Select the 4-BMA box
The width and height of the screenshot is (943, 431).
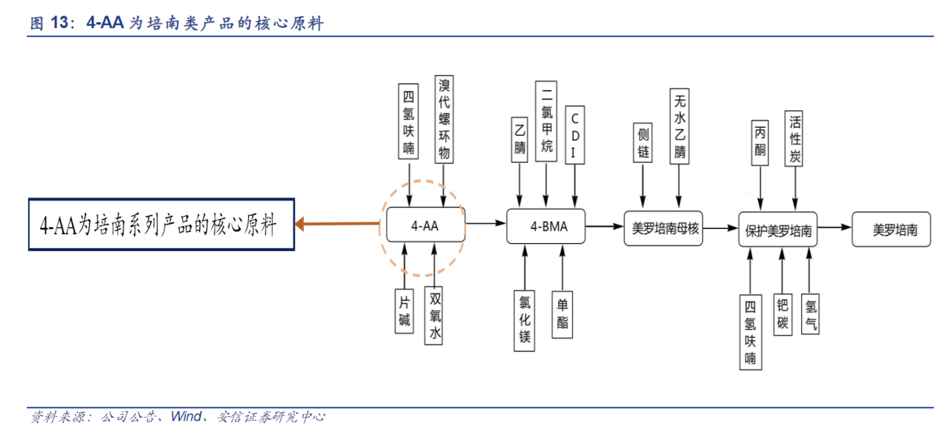[545, 226]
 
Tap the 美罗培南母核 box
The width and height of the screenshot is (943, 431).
[665, 229]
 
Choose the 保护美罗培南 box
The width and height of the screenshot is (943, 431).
[777, 230]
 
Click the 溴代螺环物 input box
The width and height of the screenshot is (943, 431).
[444, 119]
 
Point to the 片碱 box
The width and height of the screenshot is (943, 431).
[404, 311]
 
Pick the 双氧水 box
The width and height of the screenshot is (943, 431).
[435, 316]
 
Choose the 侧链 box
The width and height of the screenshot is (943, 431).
[644, 143]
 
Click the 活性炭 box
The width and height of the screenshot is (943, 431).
[795, 139]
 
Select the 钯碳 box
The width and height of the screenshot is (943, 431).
[782, 314]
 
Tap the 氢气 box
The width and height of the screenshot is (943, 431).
[811, 314]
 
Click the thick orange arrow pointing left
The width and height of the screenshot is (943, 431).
[338, 223]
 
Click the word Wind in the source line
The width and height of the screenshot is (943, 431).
[186, 417]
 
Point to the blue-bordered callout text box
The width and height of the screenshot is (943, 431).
[161, 224]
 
